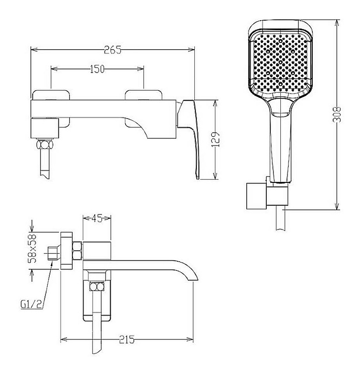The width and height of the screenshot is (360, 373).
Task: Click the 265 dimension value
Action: pos(113,50)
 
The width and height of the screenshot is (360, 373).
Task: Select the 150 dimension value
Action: pos(97,69)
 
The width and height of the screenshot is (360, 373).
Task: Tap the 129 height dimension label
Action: pos(215,140)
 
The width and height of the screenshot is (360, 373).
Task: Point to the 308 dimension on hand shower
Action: pos(336,114)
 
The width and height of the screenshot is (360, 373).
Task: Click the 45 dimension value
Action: pos(97,218)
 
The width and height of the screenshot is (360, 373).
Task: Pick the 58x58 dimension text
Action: pos(32,248)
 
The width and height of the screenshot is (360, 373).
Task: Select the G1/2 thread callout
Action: pos(31,304)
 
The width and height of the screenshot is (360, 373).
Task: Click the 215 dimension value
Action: pos(127,339)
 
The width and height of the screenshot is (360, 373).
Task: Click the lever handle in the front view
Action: pos(190,133)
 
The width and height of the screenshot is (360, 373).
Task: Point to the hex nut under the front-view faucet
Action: pos(45,145)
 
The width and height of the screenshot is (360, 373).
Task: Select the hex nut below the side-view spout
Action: pos(97,286)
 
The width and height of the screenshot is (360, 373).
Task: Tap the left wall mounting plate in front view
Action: pos(51,108)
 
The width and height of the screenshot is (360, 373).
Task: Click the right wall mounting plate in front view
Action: pos(143,108)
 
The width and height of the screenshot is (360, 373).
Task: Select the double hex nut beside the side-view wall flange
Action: pos(77,251)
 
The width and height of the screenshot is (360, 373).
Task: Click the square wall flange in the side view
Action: pos(67,251)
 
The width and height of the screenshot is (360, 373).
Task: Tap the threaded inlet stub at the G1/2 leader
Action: pos(53,253)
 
